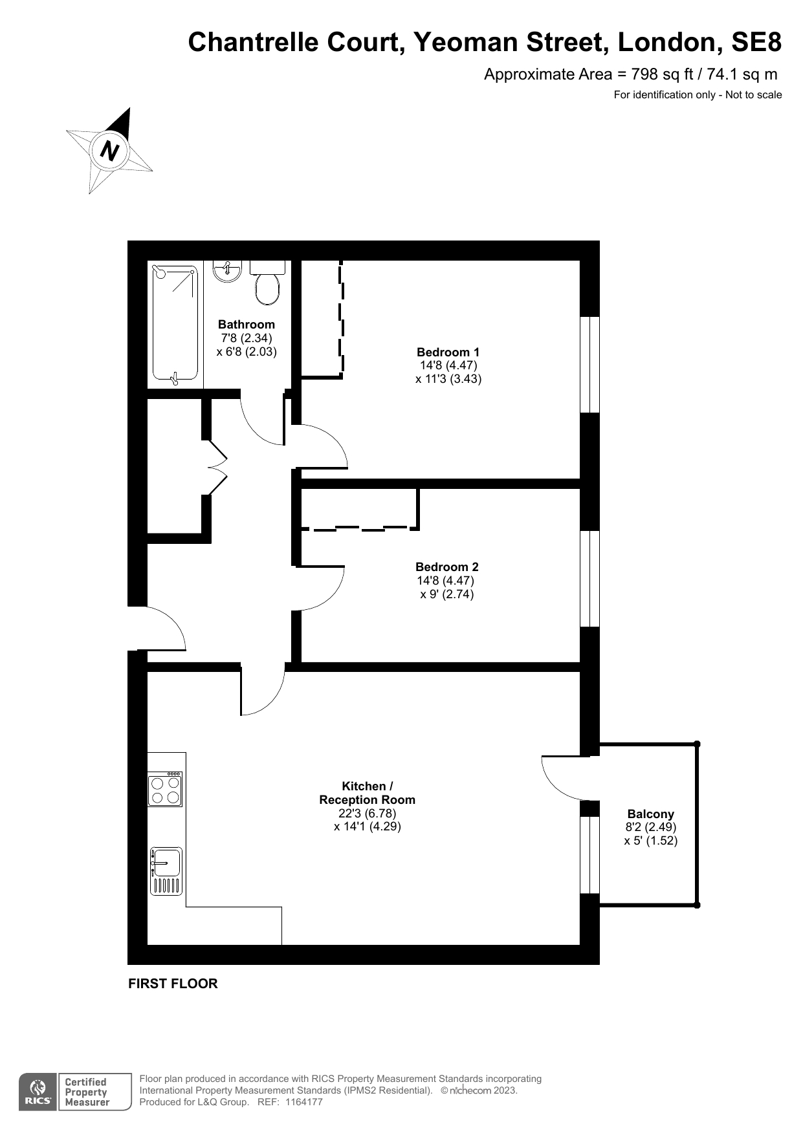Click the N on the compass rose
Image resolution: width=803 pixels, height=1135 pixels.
pos(110,151)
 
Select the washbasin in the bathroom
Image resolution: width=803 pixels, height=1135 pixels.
pos(226,271)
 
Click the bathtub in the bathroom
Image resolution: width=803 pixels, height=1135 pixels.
pos(175,323)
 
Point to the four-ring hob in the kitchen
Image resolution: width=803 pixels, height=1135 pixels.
pos(165,789)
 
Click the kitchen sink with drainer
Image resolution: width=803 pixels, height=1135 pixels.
pos(166,871)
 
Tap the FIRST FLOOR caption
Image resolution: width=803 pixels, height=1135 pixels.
pos(173,984)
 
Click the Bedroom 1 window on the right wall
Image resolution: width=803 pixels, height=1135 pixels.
pos(589,364)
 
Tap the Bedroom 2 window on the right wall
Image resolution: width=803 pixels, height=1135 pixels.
pos(589,579)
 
